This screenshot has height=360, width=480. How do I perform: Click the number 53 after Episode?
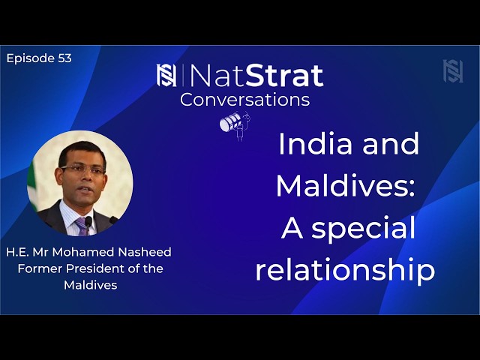(64, 58)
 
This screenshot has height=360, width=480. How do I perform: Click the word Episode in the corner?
(30, 58)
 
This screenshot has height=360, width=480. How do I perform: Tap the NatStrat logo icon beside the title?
(166, 75)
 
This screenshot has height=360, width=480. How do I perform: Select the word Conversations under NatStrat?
(244, 99)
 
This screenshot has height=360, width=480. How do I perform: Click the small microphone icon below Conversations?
(233, 124)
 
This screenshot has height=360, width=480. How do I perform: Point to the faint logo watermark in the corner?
(453, 70)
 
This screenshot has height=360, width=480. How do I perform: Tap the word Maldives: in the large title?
(345, 186)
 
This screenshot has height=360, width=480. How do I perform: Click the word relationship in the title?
(345, 271)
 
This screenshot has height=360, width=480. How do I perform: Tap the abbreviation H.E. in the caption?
(19, 252)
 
